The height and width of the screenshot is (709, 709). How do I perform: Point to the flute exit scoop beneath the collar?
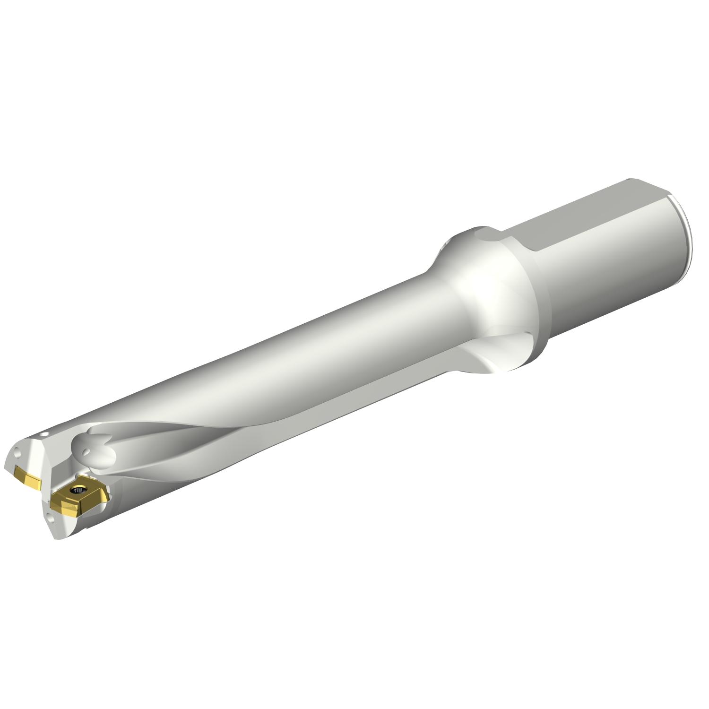point(492,359)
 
